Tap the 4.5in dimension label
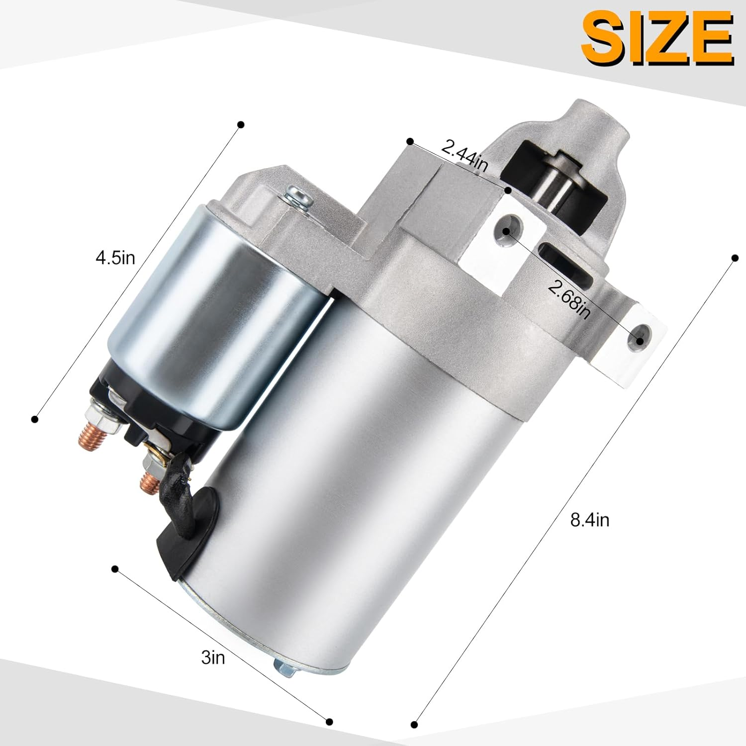115,259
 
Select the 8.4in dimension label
590,520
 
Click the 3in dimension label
213,657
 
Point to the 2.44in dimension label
465,155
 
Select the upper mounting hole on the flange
507,231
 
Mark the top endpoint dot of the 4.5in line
241,124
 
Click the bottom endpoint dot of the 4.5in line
35,419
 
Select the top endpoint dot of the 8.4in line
735,258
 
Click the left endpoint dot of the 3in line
115,568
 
